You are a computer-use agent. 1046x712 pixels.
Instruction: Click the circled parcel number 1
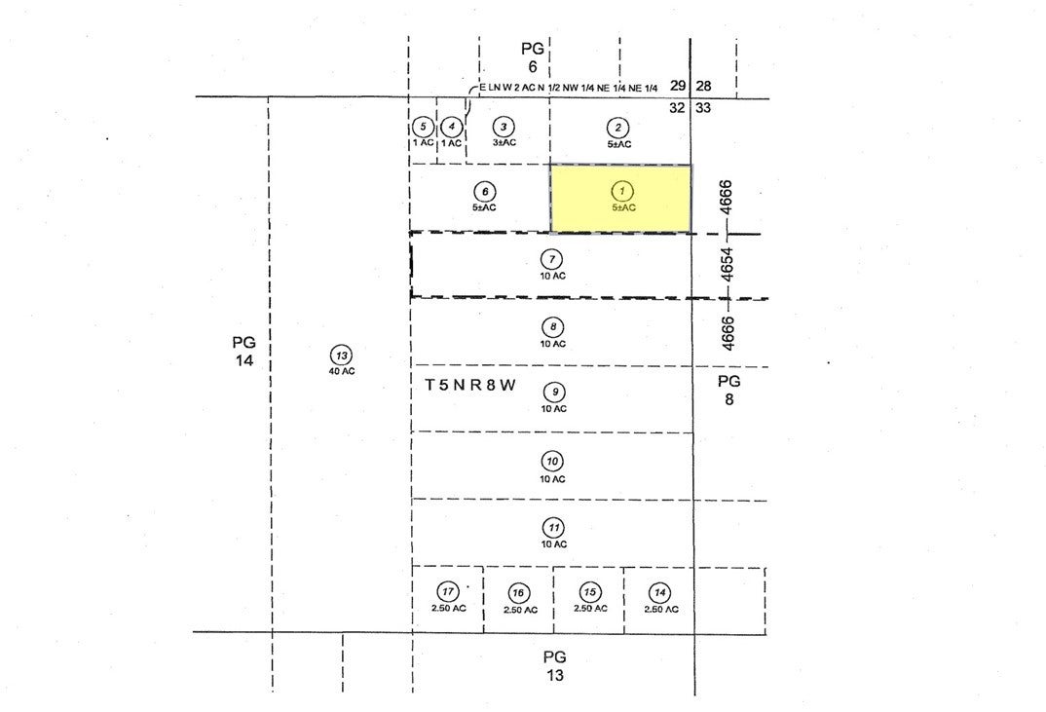(621, 192)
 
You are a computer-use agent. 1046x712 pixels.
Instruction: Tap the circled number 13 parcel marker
(342, 355)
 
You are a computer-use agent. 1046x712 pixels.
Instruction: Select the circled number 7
(552, 259)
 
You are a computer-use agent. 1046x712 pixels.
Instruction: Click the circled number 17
(448, 592)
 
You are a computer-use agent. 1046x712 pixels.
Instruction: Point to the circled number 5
(423, 126)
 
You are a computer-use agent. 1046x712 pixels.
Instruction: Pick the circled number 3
(504, 127)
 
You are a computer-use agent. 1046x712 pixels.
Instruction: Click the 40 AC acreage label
(342, 372)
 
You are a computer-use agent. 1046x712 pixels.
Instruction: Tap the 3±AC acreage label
(504, 142)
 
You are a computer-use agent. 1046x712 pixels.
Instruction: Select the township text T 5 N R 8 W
(470, 386)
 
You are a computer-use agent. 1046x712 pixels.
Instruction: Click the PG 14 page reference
(244, 352)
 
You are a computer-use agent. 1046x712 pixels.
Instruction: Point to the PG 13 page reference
(554, 666)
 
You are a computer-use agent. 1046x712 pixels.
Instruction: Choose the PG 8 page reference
(729, 391)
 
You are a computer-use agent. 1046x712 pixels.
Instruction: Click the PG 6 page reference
(533, 57)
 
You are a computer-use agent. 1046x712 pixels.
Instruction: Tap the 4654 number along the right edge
(728, 265)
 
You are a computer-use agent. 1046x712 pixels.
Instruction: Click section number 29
(678, 86)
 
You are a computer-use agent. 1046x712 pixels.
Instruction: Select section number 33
(703, 107)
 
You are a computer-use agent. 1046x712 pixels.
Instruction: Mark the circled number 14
(659, 592)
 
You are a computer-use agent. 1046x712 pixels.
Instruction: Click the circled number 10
(552, 461)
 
